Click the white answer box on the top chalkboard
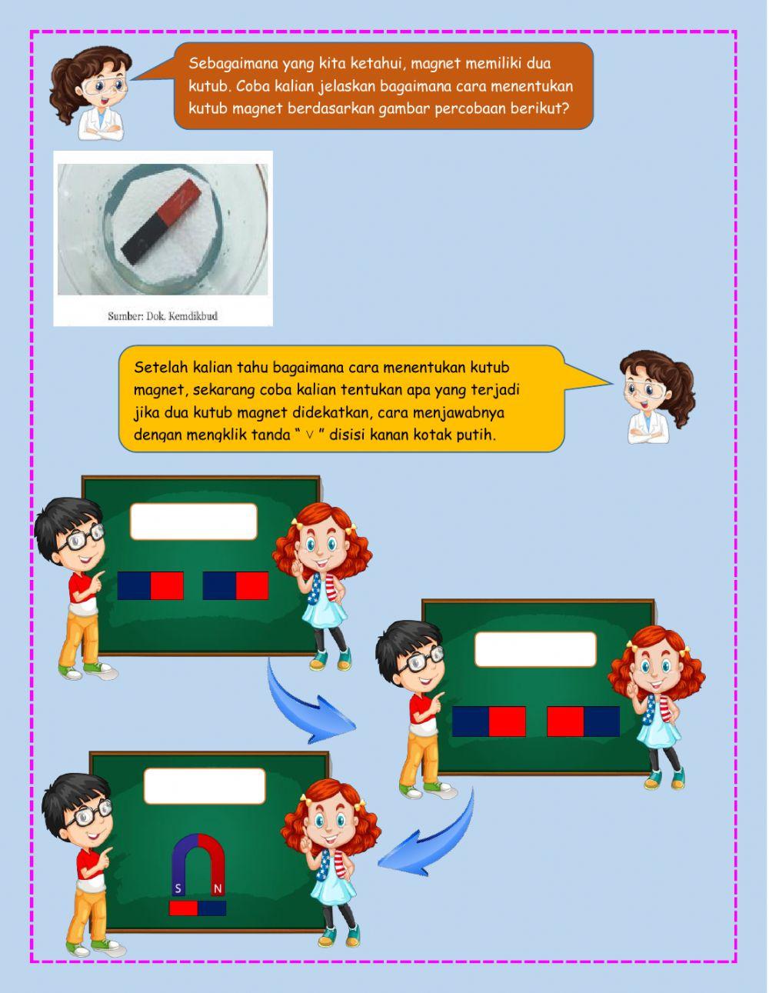point(193,521)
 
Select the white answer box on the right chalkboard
point(535,649)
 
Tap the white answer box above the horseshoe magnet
point(205,785)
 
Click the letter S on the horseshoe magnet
point(178,889)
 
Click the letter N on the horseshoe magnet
point(218,889)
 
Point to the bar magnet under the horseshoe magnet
point(198,908)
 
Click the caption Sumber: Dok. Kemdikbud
point(162,315)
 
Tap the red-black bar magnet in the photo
point(160,222)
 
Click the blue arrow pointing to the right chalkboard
point(308,700)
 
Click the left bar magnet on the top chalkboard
point(151,585)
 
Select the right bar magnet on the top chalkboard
point(235,585)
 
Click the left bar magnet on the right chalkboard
point(489,721)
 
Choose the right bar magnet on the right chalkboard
point(583,721)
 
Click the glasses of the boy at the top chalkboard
point(82,536)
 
